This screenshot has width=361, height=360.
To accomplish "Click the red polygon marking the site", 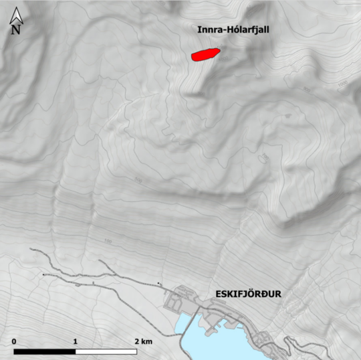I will tap(205, 54).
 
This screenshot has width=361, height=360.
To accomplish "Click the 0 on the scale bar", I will tap(14, 341).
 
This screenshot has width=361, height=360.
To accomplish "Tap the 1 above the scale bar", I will tap(76, 341).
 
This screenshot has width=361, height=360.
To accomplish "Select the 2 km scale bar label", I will tap(142, 341).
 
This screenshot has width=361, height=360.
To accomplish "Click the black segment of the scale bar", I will tap(44, 351).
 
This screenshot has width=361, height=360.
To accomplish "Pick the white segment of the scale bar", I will tap(106, 351).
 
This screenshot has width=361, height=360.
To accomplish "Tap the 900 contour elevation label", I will tap(307, 90).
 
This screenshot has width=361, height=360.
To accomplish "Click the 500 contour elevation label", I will tap(139, 181).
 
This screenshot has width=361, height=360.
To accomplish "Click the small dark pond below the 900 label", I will tap(289, 115).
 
